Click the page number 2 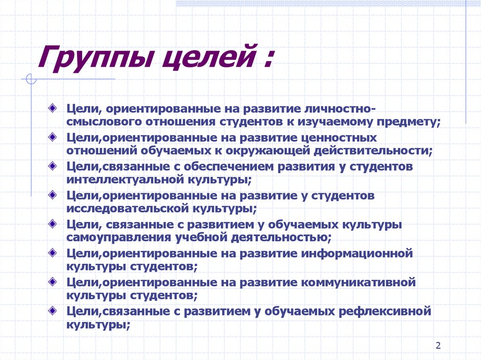(438, 346)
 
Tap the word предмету (404, 122)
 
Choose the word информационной (355, 254)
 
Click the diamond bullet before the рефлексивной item (55, 310)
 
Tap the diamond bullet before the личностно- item (55, 107)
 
